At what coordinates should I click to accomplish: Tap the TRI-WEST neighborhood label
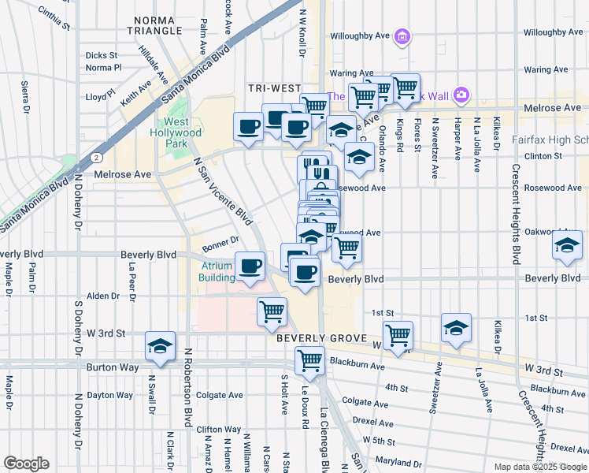coord(271,88)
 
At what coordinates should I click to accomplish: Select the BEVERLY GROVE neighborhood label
coord(312,337)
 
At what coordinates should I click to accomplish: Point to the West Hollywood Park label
coord(180,132)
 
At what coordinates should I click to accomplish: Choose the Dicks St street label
coord(101,56)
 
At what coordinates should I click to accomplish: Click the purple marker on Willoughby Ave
coord(402,36)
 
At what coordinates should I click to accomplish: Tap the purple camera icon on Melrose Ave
coord(461,96)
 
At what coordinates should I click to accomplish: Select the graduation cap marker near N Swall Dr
coord(160,346)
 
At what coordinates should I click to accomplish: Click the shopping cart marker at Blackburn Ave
coord(309,360)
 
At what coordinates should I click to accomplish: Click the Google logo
coord(26,464)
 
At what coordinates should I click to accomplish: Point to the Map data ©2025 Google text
coord(540,467)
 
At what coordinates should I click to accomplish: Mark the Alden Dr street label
coord(102,296)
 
